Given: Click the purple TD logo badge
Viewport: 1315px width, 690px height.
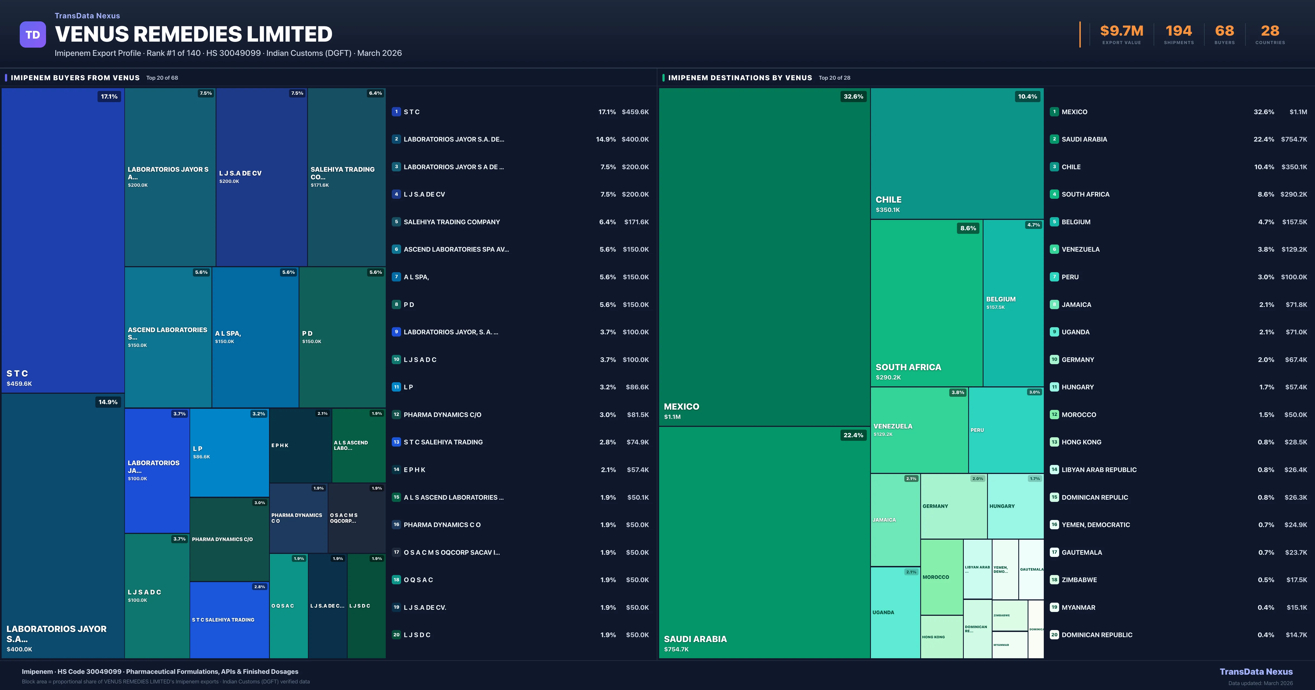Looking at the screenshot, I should [x=33, y=35].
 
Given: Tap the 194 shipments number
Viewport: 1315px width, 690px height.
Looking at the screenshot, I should [x=1178, y=31].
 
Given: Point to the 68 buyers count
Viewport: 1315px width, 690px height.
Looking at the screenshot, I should [x=1224, y=31].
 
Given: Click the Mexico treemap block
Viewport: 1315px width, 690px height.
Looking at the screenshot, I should [x=764, y=257].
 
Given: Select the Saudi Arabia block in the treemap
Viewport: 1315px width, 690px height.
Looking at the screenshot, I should [x=764, y=542].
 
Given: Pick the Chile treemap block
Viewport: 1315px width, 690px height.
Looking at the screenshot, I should [x=957, y=153].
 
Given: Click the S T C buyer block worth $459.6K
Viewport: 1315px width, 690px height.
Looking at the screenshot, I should [x=63, y=240].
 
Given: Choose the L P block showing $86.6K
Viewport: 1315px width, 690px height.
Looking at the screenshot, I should [x=229, y=452].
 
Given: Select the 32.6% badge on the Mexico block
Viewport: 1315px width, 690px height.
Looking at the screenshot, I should [x=853, y=96].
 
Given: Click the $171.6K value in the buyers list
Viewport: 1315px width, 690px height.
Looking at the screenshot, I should [x=636, y=222].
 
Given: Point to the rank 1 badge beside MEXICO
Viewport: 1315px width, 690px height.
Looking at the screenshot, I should [x=1054, y=112].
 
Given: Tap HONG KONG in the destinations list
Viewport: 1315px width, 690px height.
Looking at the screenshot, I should [x=1081, y=442].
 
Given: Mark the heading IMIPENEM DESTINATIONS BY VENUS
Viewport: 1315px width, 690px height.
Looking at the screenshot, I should [x=740, y=77].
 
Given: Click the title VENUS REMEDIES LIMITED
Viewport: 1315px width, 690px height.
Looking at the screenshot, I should [x=193, y=34].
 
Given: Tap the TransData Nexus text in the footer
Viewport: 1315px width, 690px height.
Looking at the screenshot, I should [x=1256, y=672].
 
